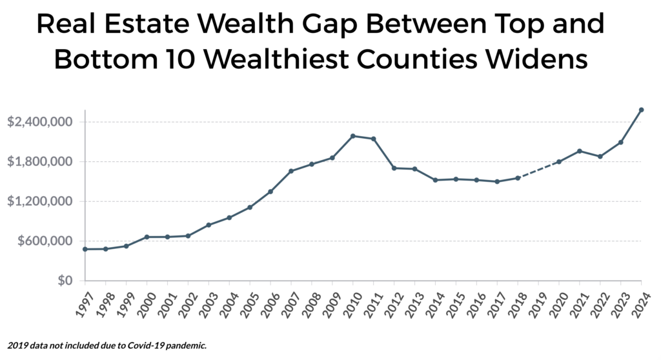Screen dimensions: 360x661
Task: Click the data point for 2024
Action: coord(641,110)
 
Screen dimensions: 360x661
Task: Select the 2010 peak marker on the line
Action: coord(353,136)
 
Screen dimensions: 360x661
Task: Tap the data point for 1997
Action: coord(85,249)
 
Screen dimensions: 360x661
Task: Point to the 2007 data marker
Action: coord(291,171)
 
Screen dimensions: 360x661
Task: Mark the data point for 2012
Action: coord(394,168)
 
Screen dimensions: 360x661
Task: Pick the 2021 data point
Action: coord(580,151)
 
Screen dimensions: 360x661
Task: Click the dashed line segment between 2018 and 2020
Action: coord(538,170)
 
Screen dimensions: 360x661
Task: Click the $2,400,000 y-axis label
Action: coord(40,122)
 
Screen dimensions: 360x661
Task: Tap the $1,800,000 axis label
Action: coord(40,161)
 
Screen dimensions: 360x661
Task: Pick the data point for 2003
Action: coord(208,225)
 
